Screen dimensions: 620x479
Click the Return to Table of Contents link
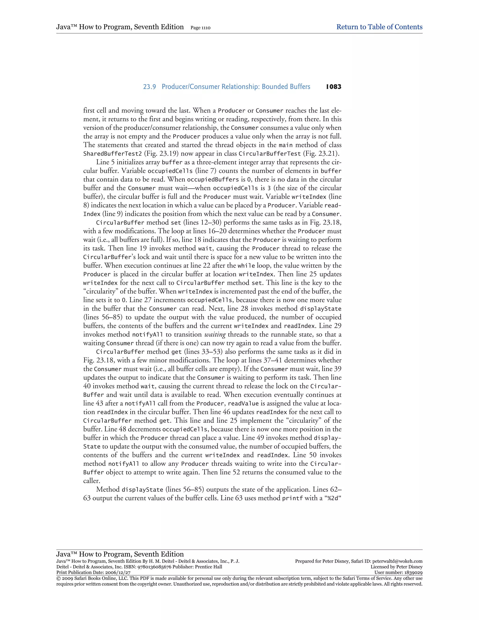[x=379, y=27]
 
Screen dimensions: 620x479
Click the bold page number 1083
[x=334, y=87]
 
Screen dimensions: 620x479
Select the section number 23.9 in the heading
[x=149, y=87]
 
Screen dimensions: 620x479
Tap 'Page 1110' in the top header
[x=200, y=28]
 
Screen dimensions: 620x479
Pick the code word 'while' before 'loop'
[x=246, y=266]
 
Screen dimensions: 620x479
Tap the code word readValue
[x=243, y=403]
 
